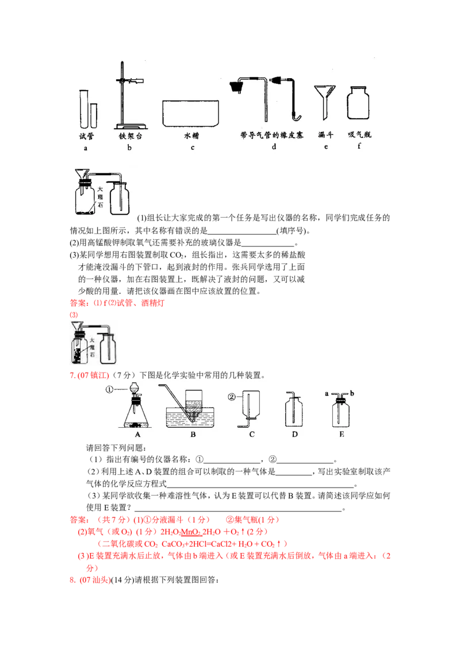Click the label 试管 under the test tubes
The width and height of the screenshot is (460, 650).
[x=86, y=136]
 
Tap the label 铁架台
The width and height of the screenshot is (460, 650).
[x=129, y=136]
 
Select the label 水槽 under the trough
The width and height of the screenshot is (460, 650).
[x=191, y=136]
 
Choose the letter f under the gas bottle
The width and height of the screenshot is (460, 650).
[x=359, y=148]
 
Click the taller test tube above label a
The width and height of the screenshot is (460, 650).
[x=84, y=108]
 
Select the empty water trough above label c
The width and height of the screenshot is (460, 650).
[x=191, y=113]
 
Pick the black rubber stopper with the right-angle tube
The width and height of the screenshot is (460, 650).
[x=235, y=87]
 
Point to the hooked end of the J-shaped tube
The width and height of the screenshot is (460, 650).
[x=296, y=118]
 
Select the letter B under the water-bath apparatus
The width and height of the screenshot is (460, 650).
[x=193, y=435]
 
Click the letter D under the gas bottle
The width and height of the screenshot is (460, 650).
[x=294, y=435]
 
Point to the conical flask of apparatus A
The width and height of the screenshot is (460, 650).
[x=137, y=416]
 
